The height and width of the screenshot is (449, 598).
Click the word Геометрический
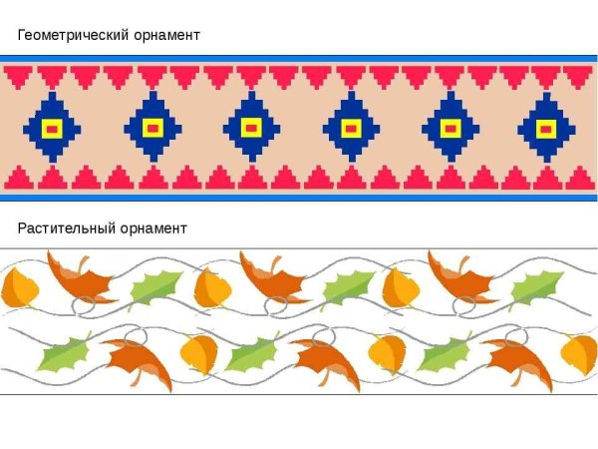click(x=73, y=35)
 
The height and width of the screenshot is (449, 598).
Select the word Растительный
click(x=67, y=228)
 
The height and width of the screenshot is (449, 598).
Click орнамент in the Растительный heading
click(x=153, y=228)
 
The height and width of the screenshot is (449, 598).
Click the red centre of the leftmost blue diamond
click(x=52, y=130)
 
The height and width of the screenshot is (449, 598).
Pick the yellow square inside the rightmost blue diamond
click(x=546, y=130)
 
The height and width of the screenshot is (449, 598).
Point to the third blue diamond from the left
click(x=252, y=127)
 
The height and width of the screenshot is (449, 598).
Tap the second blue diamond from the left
click(x=152, y=127)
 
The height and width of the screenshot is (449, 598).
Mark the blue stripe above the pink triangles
click(x=299, y=59)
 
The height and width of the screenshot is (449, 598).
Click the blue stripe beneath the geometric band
click(x=299, y=198)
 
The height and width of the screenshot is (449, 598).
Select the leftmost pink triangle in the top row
click(x=18, y=78)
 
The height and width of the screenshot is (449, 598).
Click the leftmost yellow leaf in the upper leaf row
click(x=20, y=287)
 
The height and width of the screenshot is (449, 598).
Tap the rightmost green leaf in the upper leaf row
click(x=536, y=287)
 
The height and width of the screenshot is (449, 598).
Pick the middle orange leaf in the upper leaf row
click(x=273, y=276)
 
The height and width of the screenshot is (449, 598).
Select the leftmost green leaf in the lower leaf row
click(x=65, y=353)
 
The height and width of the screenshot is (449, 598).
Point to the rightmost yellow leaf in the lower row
click(x=579, y=354)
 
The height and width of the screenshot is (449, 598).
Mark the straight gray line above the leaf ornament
click(x=299, y=248)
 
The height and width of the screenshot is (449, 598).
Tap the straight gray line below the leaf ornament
click(x=299, y=394)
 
